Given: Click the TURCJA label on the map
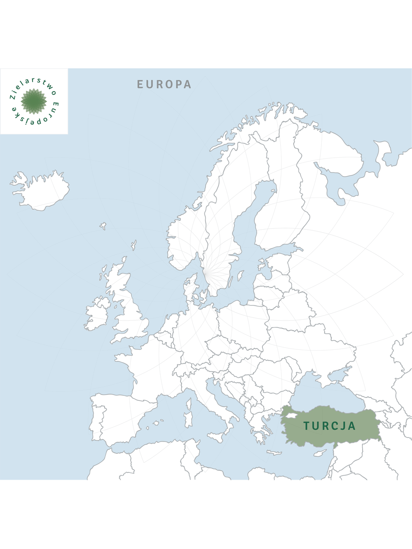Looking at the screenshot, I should coord(329,426).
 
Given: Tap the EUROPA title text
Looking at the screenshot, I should coord(164,84).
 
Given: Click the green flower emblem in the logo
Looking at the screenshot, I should coord(34,101).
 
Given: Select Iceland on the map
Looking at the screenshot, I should coord(41,191).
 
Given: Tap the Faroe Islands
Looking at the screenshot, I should coord(103,226).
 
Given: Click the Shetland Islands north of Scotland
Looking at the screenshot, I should coord(133,245).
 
